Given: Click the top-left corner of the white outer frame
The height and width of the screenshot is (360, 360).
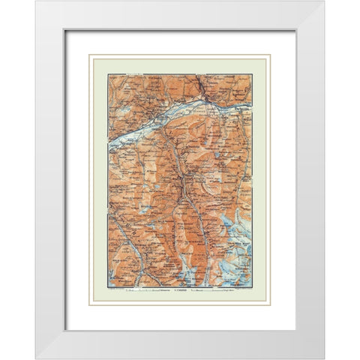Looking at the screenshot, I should [x=35, y=1].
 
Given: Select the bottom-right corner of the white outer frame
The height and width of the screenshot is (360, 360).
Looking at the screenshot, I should [x=325, y=358].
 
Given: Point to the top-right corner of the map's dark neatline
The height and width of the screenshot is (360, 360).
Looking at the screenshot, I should [x=252, y=74].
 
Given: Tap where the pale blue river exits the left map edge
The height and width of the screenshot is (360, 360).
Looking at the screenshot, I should [x=109, y=144].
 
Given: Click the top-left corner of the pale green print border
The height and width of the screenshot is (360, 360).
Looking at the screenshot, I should [x=89, y=55].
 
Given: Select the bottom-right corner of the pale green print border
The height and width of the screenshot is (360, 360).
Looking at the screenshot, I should [x=271, y=304].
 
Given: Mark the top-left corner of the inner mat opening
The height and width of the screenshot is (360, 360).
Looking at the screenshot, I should [x=65, y=30].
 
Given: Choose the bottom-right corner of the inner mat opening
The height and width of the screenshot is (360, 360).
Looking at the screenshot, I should [x=295, y=330].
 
